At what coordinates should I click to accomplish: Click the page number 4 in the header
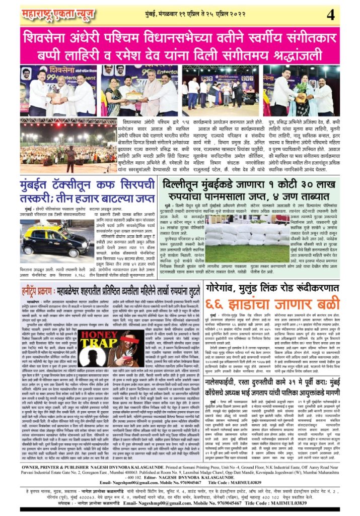click(330, 15)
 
